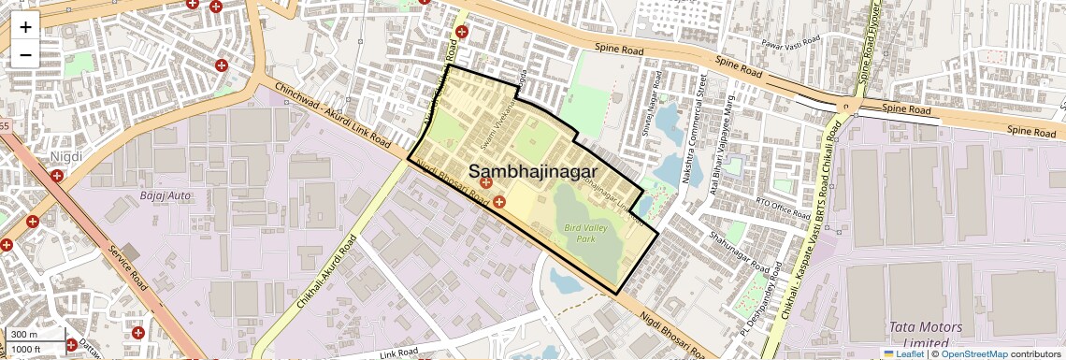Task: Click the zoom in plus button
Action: tap(25, 26)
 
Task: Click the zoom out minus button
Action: tap(25, 54)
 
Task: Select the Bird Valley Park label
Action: tap(585, 233)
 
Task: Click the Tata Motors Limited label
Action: tap(923, 335)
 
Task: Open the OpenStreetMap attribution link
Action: tap(973, 353)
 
